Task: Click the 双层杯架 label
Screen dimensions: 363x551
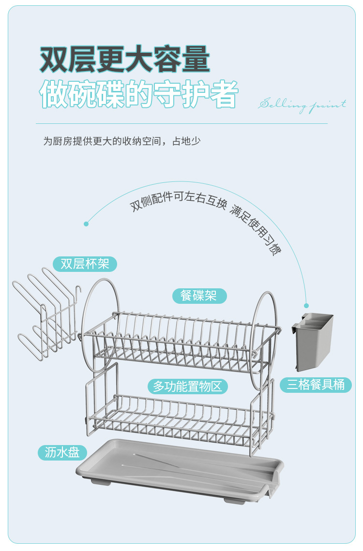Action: tap(85, 264)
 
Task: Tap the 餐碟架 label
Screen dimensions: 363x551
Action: tap(198, 296)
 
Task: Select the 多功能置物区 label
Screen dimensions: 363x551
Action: tap(187, 387)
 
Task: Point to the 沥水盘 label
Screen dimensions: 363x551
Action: tap(62, 453)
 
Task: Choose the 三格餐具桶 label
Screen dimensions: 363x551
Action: tap(316, 385)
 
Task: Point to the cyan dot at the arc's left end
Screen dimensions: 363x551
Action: tap(86, 223)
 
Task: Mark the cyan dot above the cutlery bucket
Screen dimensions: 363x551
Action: tap(306, 305)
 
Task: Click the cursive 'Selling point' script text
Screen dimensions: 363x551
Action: tap(302, 104)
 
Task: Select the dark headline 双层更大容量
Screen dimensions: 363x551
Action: tap(125, 60)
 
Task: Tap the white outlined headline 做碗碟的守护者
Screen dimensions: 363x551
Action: tap(139, 94)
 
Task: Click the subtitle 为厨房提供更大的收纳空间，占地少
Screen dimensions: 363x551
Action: tap(121, 141)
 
